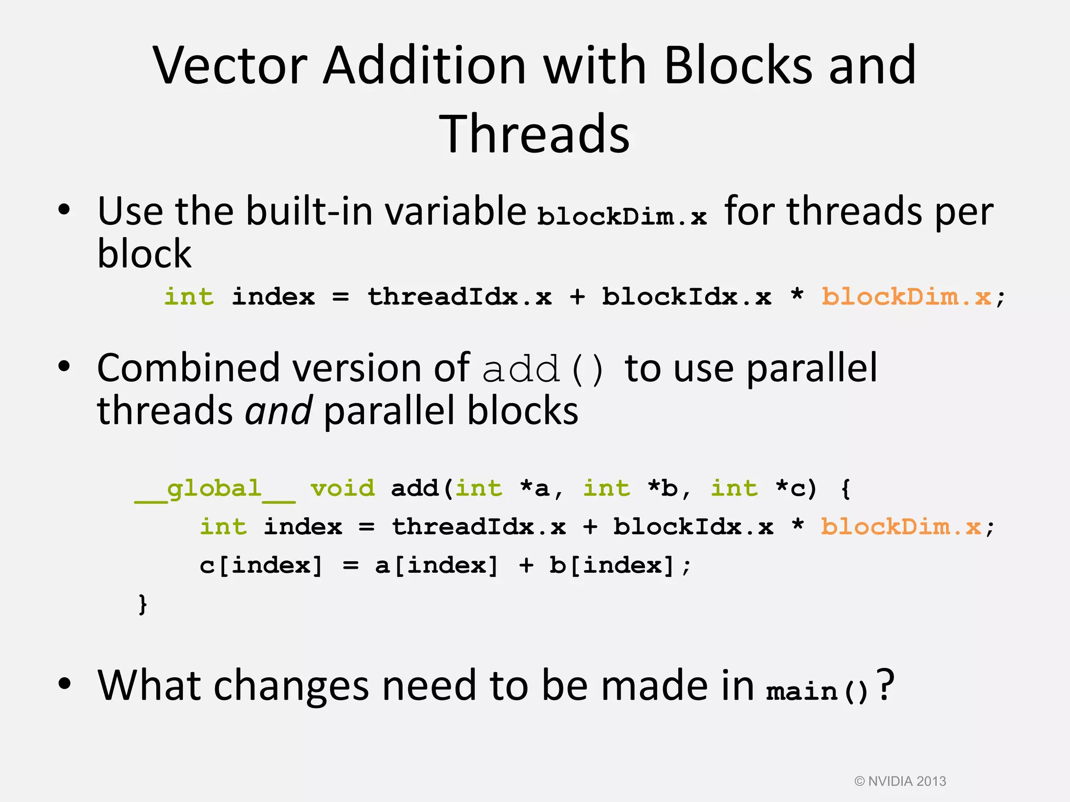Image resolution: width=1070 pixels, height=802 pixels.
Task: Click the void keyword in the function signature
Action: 343,489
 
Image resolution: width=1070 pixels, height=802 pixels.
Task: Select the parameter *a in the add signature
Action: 535,489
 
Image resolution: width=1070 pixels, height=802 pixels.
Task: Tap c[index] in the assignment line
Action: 261,565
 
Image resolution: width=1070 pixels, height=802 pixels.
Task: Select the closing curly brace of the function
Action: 143,604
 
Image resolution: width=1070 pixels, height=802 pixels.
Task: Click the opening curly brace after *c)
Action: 846,489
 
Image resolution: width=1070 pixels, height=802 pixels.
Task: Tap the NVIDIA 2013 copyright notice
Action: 900,781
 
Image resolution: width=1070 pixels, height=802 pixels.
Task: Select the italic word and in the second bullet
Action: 279,411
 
